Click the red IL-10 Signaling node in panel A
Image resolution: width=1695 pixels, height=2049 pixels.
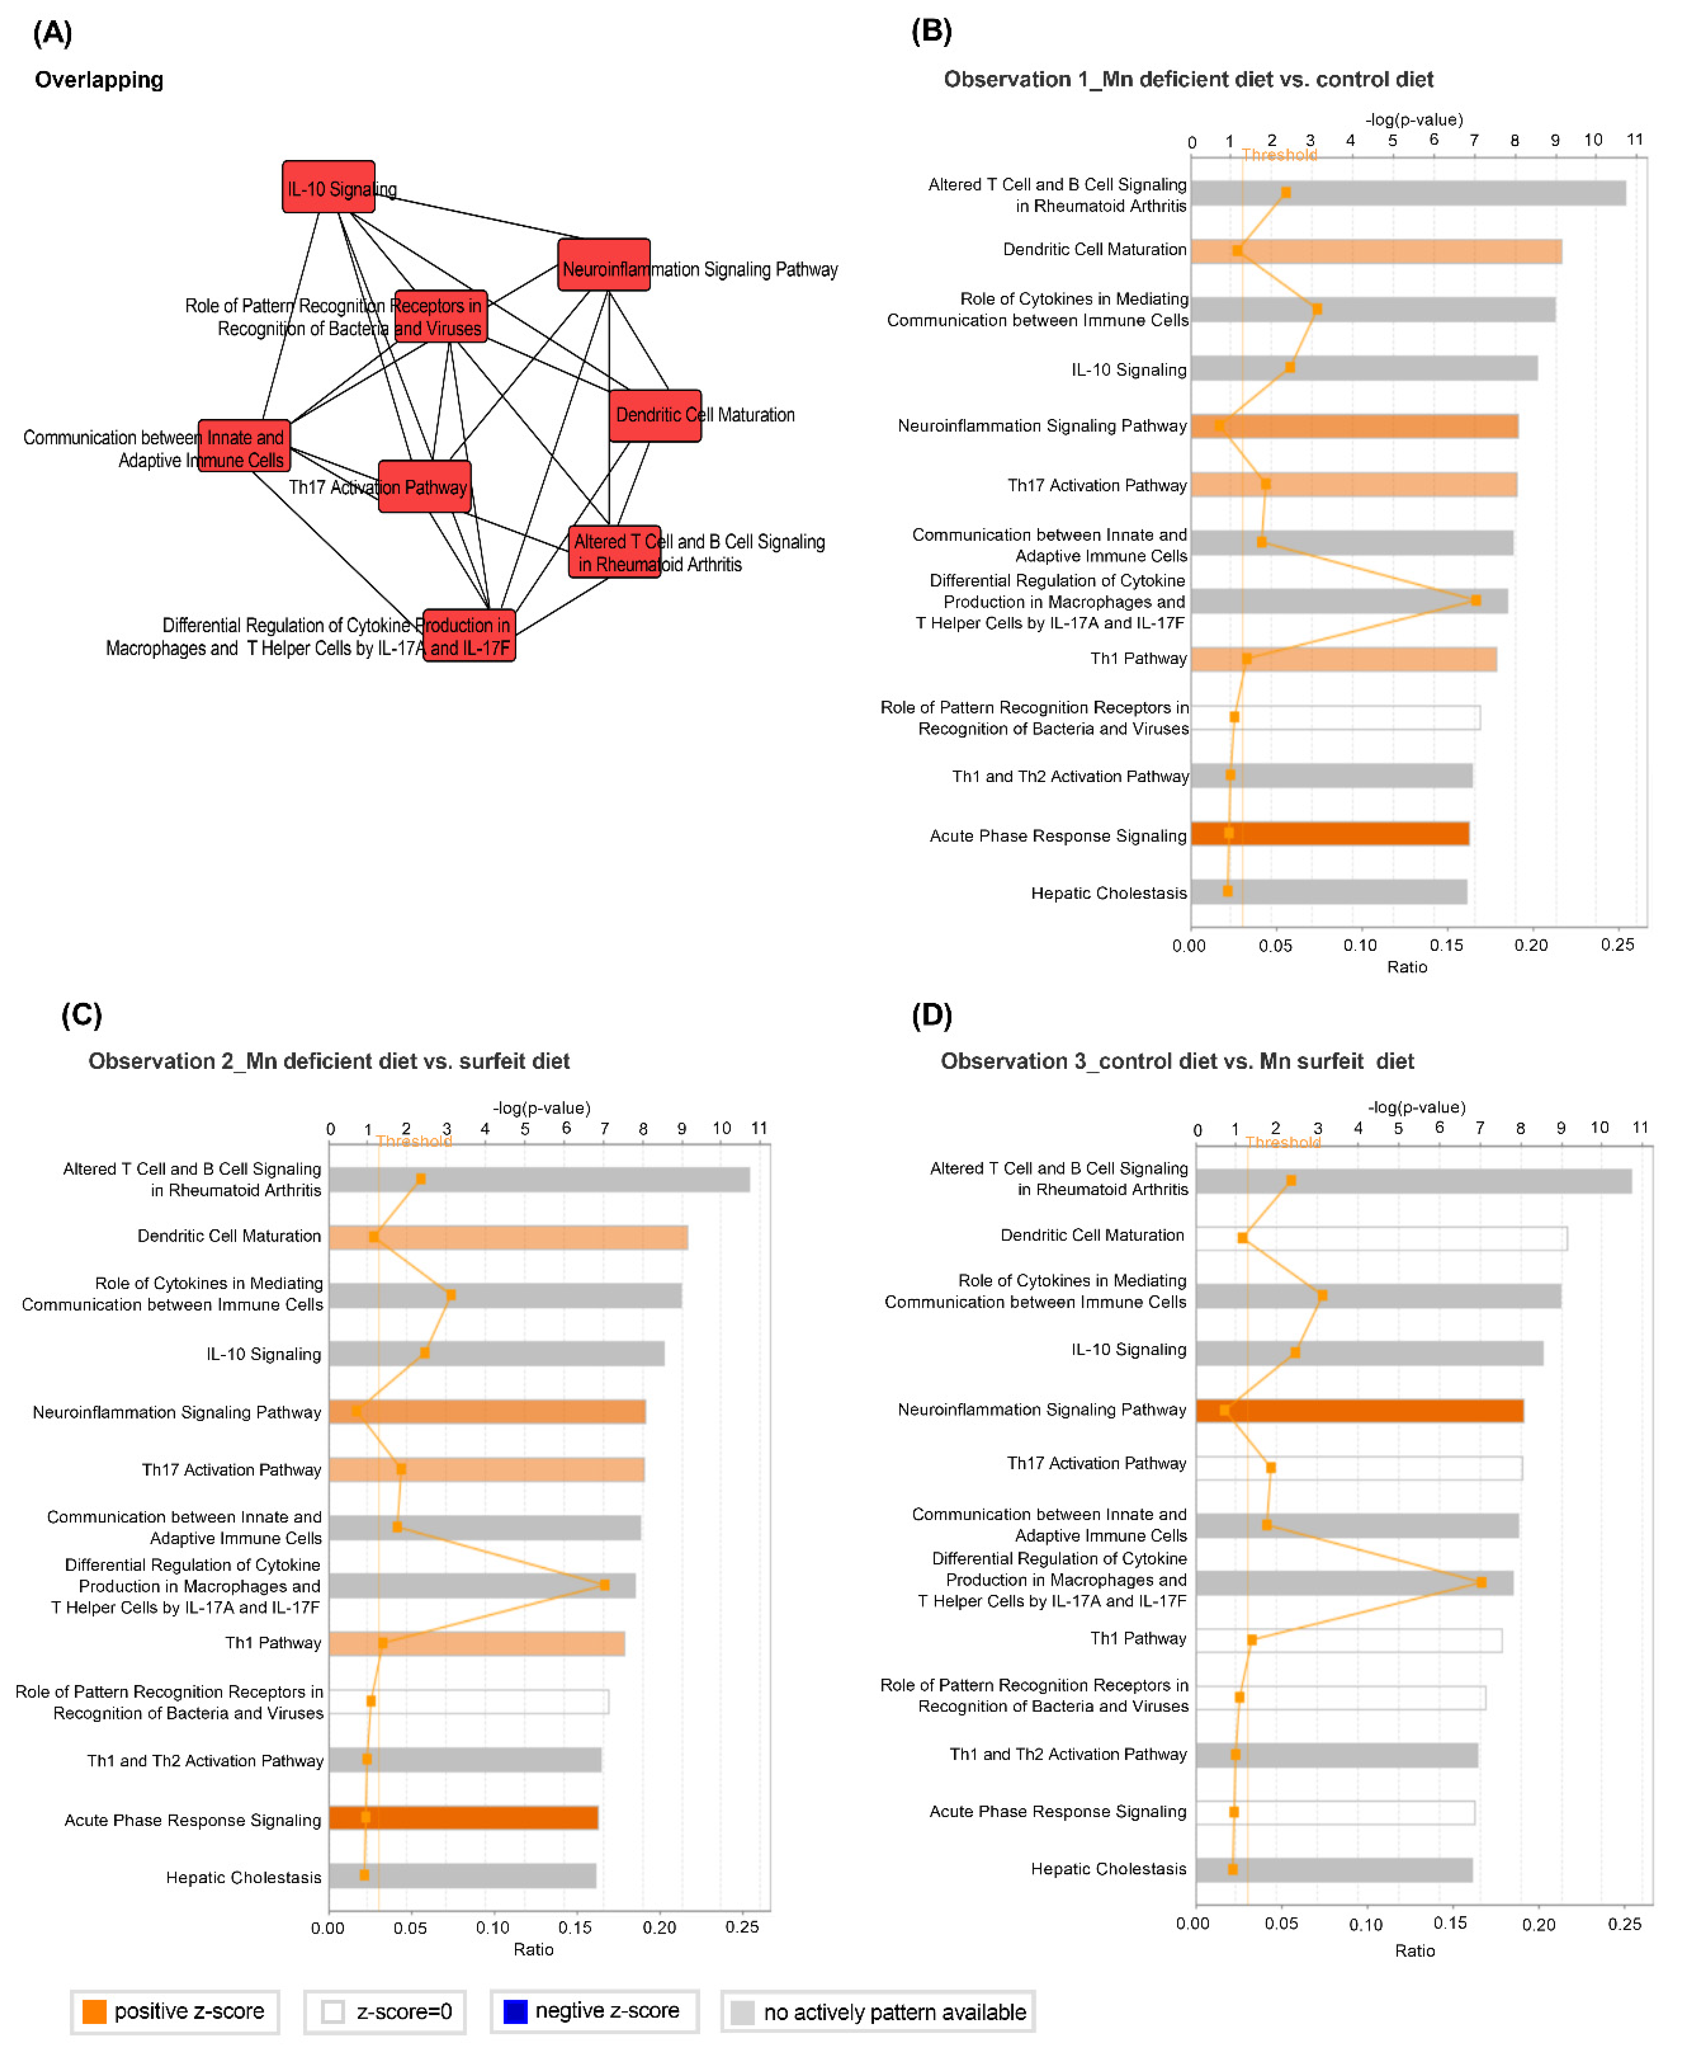[328, 186]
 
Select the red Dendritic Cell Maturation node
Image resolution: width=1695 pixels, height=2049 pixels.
[655, 415]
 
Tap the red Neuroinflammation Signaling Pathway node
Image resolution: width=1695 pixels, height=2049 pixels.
[603, 265]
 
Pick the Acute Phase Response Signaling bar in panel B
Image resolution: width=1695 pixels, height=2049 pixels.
[1329, 833]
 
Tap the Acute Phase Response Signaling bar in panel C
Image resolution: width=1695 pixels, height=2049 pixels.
[463, 1817]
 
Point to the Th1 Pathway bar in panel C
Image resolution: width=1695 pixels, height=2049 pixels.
[476, 1643]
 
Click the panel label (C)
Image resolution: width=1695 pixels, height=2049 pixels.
[81, 1015]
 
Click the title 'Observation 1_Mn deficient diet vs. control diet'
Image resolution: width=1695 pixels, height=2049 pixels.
[1188, 79]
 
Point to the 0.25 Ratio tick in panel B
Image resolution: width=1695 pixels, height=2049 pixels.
[1617, 944]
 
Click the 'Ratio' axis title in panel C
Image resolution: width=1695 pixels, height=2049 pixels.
[533, 1949]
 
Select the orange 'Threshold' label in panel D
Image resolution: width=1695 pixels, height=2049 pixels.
[1282, 1141]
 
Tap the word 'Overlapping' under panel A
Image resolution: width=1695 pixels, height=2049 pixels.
[99, 80]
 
